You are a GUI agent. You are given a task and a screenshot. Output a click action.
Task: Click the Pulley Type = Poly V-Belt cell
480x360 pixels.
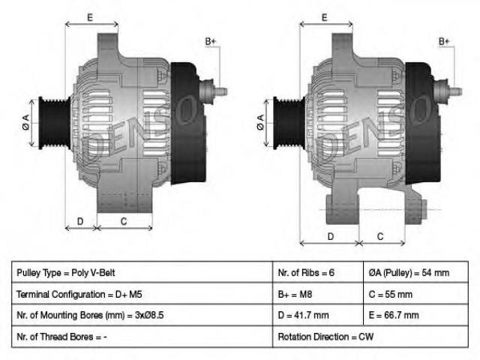[x=142, y=272]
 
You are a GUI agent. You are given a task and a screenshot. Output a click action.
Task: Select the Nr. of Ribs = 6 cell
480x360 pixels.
[x=318, y=272]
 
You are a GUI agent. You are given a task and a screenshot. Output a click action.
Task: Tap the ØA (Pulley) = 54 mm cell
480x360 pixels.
[x=415, y=272]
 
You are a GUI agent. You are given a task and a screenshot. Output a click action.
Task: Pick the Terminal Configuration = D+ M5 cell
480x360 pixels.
[x=142, y=293]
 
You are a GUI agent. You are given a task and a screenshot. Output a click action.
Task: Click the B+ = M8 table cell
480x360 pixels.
[x=318, y=293]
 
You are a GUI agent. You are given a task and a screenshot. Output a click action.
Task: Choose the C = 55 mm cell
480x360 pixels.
[x=415, y=293]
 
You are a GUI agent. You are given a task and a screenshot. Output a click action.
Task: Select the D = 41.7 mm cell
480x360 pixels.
[x=318, y=315]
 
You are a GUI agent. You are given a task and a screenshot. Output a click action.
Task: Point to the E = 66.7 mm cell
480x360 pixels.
[x=415, y=315]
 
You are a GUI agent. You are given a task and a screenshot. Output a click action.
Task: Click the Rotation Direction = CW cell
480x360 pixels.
[x=370, y=337]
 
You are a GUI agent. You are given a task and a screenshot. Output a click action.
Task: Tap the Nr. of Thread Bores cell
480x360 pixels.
[x=142, y=337]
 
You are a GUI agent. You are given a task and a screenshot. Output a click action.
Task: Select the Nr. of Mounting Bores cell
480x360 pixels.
[x=142, y=315]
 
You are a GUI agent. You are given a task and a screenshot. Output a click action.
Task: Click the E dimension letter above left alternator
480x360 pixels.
[x=90, y=17]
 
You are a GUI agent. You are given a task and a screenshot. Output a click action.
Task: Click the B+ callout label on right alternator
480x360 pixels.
[x=444, y=41]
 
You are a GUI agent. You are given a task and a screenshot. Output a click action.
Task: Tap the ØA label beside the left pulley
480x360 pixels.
[x=26, y=121]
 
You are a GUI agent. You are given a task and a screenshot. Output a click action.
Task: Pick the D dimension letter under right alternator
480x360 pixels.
[x=331, y=236]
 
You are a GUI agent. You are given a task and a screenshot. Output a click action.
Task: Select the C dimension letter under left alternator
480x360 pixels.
[x=124, y=221]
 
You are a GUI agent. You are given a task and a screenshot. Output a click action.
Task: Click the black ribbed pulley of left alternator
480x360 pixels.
[x=55, y=123]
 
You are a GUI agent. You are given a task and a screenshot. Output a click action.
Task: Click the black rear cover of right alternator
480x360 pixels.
[x=423, y=123]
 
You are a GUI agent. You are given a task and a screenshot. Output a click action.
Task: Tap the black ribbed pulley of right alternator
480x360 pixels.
[x=289, y=123]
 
